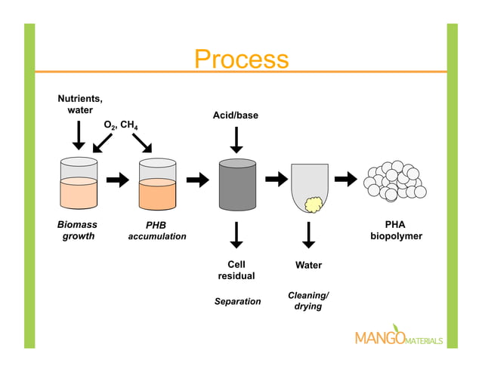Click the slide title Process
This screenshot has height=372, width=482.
pos(241,59)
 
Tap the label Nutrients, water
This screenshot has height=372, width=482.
pos(80,104)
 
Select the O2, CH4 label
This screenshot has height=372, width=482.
pos(120,124)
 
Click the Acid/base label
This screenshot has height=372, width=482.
pos(235,115)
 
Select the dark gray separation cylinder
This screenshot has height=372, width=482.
pos(236,184)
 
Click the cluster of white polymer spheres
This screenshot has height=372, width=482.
pos(394,182)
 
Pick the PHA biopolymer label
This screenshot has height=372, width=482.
pos(395,230)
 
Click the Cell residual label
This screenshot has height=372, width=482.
pos(236,270)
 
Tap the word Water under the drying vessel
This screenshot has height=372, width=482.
pos(308,265)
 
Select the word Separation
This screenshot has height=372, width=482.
pos(237,302)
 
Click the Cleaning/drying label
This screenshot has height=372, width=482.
pos(308,300)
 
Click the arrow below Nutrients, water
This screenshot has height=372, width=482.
pos(79,135)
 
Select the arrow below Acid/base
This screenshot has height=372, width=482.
pos(236,140)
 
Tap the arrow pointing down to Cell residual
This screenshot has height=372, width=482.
pos(236,235)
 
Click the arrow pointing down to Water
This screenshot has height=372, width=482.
pos(308,235)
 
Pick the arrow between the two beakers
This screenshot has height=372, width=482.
pos(118,180)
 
